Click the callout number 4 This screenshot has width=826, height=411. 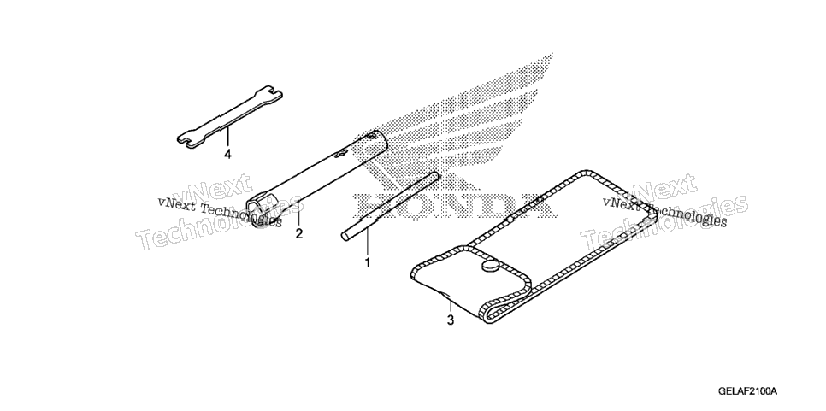point(227,155)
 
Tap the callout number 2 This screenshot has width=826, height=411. point(298,233)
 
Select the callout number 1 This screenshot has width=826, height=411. point(367,262)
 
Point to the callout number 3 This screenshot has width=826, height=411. point(450,320)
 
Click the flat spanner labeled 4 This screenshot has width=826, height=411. point(229,114)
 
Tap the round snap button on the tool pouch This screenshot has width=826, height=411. point(490,266)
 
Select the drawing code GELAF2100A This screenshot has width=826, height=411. point(747,391)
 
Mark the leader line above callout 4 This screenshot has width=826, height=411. point(227,137)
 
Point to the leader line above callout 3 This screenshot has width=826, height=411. point(450,306)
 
